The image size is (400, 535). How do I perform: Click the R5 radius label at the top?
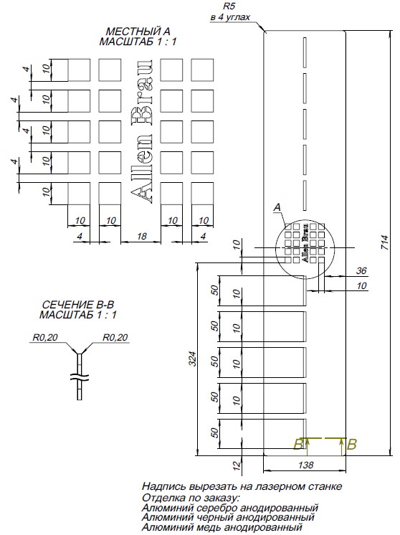229,6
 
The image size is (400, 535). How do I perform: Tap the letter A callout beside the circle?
277,207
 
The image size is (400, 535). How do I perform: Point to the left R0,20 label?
44,336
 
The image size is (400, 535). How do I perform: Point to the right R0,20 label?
116,336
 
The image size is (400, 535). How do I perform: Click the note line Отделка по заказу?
191,497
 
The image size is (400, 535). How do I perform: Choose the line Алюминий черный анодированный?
228,517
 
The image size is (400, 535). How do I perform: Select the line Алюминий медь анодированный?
222,527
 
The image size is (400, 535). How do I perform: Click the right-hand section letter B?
351,445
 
